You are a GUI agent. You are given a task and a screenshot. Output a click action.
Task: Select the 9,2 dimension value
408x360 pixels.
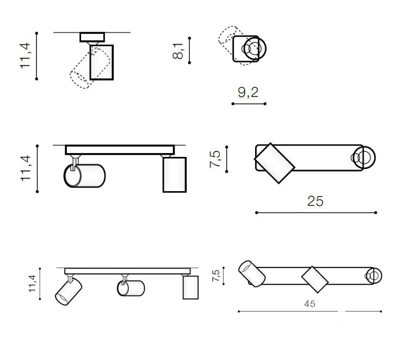click(248, 93)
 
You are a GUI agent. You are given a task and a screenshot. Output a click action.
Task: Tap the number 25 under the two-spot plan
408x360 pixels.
click(316, 201)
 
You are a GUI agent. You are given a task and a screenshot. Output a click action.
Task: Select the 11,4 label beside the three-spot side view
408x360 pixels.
click(33, 284)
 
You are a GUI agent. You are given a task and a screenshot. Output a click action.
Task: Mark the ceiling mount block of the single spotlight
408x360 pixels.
click(91, 38)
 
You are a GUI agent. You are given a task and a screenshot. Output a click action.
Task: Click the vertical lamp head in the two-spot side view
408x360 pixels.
click(175, 174)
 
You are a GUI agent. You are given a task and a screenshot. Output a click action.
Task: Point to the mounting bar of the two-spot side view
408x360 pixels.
click(120, 150)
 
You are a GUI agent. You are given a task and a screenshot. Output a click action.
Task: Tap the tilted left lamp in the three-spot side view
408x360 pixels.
click(67, 291)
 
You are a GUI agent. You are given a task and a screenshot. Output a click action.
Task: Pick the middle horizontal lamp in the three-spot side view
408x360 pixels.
click(131, 288)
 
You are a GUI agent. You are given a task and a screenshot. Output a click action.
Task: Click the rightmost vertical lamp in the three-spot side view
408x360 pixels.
click(190, 287)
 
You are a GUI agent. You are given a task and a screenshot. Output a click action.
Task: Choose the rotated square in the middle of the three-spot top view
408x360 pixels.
click(315, 279)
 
